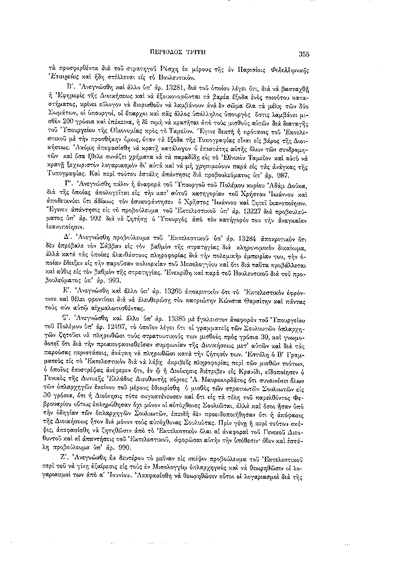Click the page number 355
pyautogui.click(x=303, y=54)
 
